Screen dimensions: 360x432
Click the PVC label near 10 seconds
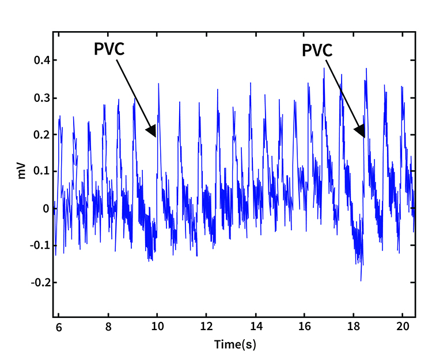[109, 49]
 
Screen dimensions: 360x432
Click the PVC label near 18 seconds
[317, 51]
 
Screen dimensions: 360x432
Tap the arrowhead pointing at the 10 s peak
[152, 131]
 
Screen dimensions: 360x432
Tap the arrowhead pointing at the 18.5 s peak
[361, 132]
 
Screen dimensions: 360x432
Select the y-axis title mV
[22, 171]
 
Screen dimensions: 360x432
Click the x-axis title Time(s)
[235, 344]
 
